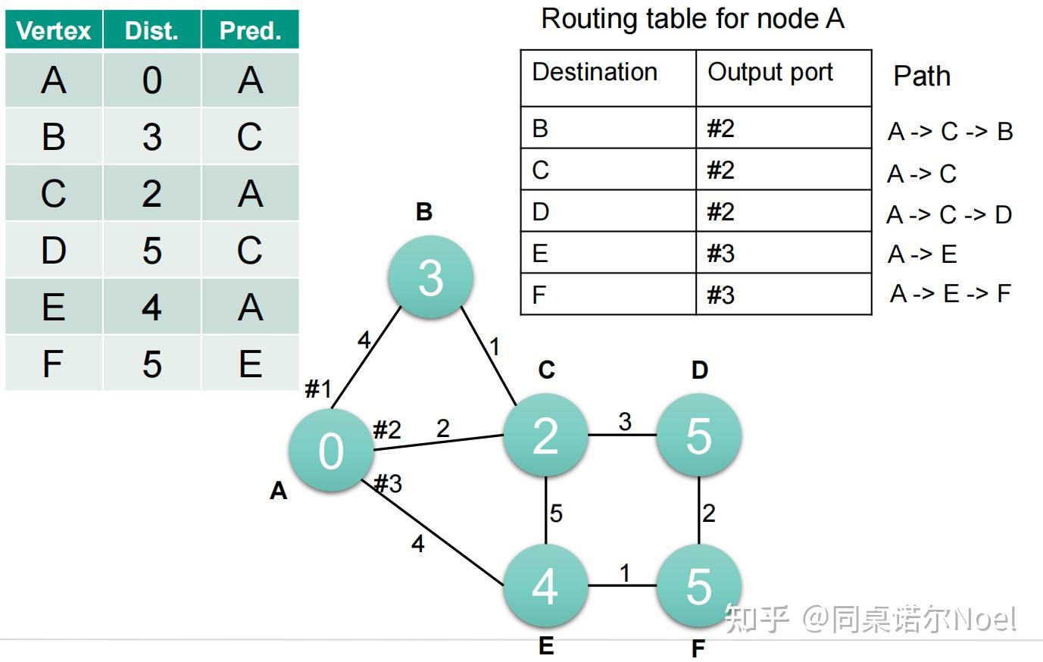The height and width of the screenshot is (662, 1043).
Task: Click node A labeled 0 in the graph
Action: (331, 451)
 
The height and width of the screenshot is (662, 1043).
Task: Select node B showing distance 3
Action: (430, 277)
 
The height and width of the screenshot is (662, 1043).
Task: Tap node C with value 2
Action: (545, 436)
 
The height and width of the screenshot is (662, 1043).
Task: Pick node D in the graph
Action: (698, 436)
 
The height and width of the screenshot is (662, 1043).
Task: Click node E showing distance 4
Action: (545, 585)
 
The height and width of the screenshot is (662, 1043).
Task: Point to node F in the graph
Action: (698, 585)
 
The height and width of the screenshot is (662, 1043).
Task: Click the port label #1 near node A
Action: (318, 389)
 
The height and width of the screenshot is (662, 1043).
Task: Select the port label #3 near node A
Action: (388, 483)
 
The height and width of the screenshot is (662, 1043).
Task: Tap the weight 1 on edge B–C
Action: (495, 347)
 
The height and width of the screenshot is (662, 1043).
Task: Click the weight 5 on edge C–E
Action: (556, 514)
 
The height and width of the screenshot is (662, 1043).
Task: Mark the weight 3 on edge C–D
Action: (624, 422)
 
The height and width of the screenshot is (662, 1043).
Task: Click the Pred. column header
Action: (250, 31)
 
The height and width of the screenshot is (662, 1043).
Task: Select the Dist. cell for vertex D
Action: (151, 250)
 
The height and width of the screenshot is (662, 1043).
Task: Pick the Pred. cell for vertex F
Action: (250, 364)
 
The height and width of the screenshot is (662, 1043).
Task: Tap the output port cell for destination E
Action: (783, 253)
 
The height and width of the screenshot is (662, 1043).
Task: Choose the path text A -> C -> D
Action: (949, 215)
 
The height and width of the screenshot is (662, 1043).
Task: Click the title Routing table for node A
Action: (692, 19)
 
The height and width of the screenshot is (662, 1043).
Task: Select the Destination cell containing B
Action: (607, 128)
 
